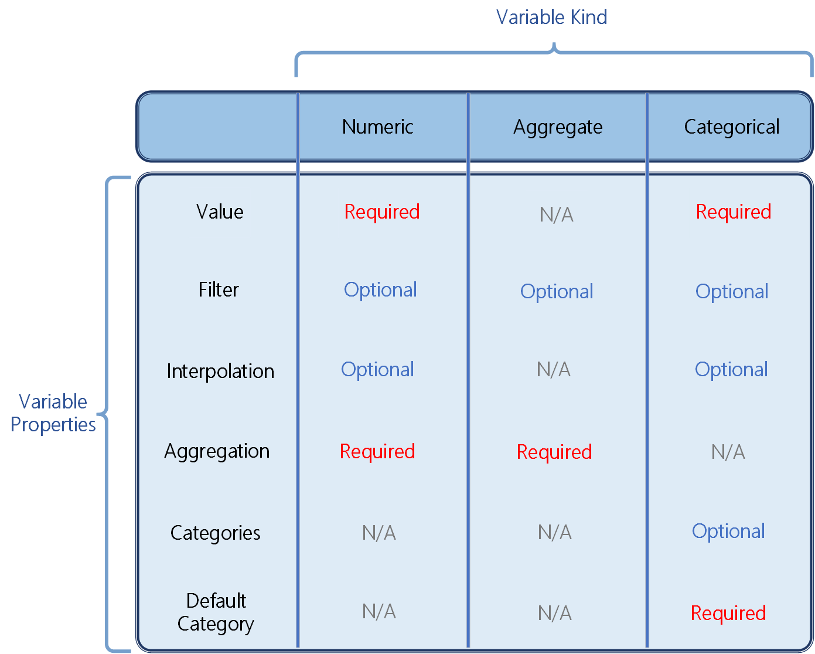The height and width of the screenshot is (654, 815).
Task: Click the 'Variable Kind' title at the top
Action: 551,17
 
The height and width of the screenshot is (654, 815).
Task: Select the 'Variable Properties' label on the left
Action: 53,413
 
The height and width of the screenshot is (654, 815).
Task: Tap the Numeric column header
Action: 377,127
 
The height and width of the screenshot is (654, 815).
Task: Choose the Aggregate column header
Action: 558,127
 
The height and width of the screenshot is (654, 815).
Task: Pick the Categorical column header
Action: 731,127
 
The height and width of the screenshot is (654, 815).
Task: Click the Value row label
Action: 220,212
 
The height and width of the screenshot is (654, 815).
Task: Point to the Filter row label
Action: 219,289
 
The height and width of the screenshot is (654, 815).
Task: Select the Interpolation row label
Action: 220,371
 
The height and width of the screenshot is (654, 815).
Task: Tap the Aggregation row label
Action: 217,451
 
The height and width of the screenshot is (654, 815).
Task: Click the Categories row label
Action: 215,533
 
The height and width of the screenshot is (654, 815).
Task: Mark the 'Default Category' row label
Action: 216,612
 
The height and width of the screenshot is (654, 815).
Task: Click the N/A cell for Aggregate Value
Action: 556,214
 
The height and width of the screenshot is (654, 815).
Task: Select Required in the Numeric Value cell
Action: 381,212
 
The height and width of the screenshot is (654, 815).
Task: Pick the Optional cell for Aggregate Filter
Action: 557,291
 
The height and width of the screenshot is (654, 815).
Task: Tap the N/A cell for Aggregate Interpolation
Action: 553,369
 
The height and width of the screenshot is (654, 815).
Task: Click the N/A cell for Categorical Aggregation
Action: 728,452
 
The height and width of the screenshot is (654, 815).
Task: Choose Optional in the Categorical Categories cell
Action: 728,531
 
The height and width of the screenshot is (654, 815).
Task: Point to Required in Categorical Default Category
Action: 728,613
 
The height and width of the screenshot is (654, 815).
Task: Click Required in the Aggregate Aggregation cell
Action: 554,452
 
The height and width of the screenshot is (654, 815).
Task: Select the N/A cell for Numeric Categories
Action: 378,533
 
